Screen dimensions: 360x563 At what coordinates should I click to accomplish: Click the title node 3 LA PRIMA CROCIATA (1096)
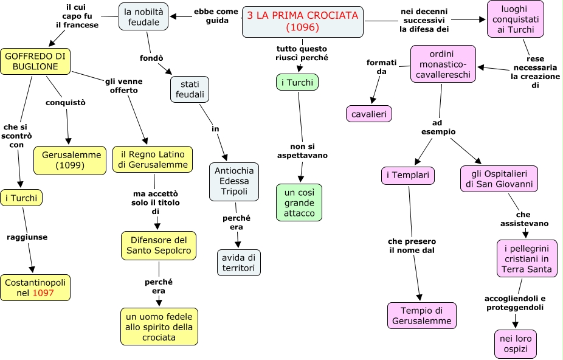(302, 22)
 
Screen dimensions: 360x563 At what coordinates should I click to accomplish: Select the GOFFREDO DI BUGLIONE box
(35, 61)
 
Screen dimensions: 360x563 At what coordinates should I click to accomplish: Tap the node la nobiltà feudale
(143, 16)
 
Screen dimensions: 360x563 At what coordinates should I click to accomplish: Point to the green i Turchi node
(297, 82)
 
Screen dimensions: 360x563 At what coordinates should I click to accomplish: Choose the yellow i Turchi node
(21, 198)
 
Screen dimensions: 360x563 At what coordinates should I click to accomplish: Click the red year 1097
(43, 293)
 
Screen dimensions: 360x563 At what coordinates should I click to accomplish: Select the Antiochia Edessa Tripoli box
(234, 181)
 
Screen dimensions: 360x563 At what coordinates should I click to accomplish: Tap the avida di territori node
(239, 262)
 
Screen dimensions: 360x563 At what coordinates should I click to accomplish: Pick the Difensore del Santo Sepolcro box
(158, 245)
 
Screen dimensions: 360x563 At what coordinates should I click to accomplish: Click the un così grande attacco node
(299, 202)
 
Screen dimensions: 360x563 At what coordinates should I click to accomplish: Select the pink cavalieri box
(369, 114)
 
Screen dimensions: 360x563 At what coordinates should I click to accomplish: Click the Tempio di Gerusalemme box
(421, 315)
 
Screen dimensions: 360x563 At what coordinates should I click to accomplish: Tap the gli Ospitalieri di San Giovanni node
(499, 178)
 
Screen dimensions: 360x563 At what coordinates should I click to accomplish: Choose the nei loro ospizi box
(515, 344)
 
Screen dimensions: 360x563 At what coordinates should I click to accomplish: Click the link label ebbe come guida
(216, 16)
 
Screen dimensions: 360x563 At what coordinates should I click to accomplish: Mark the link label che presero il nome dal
(412, 246)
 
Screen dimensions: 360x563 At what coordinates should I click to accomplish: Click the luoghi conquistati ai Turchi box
(515, 19)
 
